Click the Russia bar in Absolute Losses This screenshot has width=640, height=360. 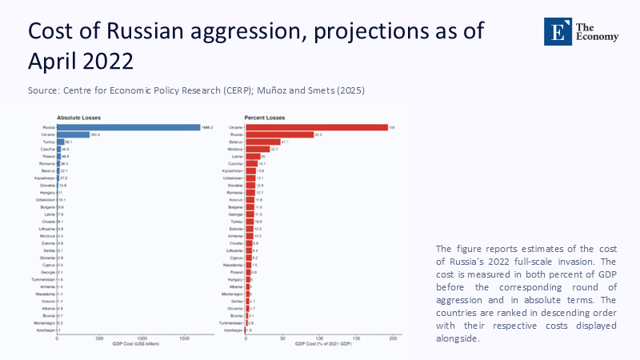[128, 126]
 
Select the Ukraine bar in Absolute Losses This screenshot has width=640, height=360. [73, 134]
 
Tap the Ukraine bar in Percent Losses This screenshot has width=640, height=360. [317, 126]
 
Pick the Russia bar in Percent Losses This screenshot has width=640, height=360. [279, 134]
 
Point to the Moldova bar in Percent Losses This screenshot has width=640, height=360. [258, 149]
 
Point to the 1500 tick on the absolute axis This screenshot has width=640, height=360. [184, 338]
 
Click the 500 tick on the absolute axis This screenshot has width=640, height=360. [99, 338]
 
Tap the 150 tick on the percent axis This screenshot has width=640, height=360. [356, 338]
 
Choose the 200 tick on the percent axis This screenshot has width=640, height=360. [393, 338]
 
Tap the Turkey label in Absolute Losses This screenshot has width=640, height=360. [49, 142]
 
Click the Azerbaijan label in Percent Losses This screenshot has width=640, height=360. [233, 330]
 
